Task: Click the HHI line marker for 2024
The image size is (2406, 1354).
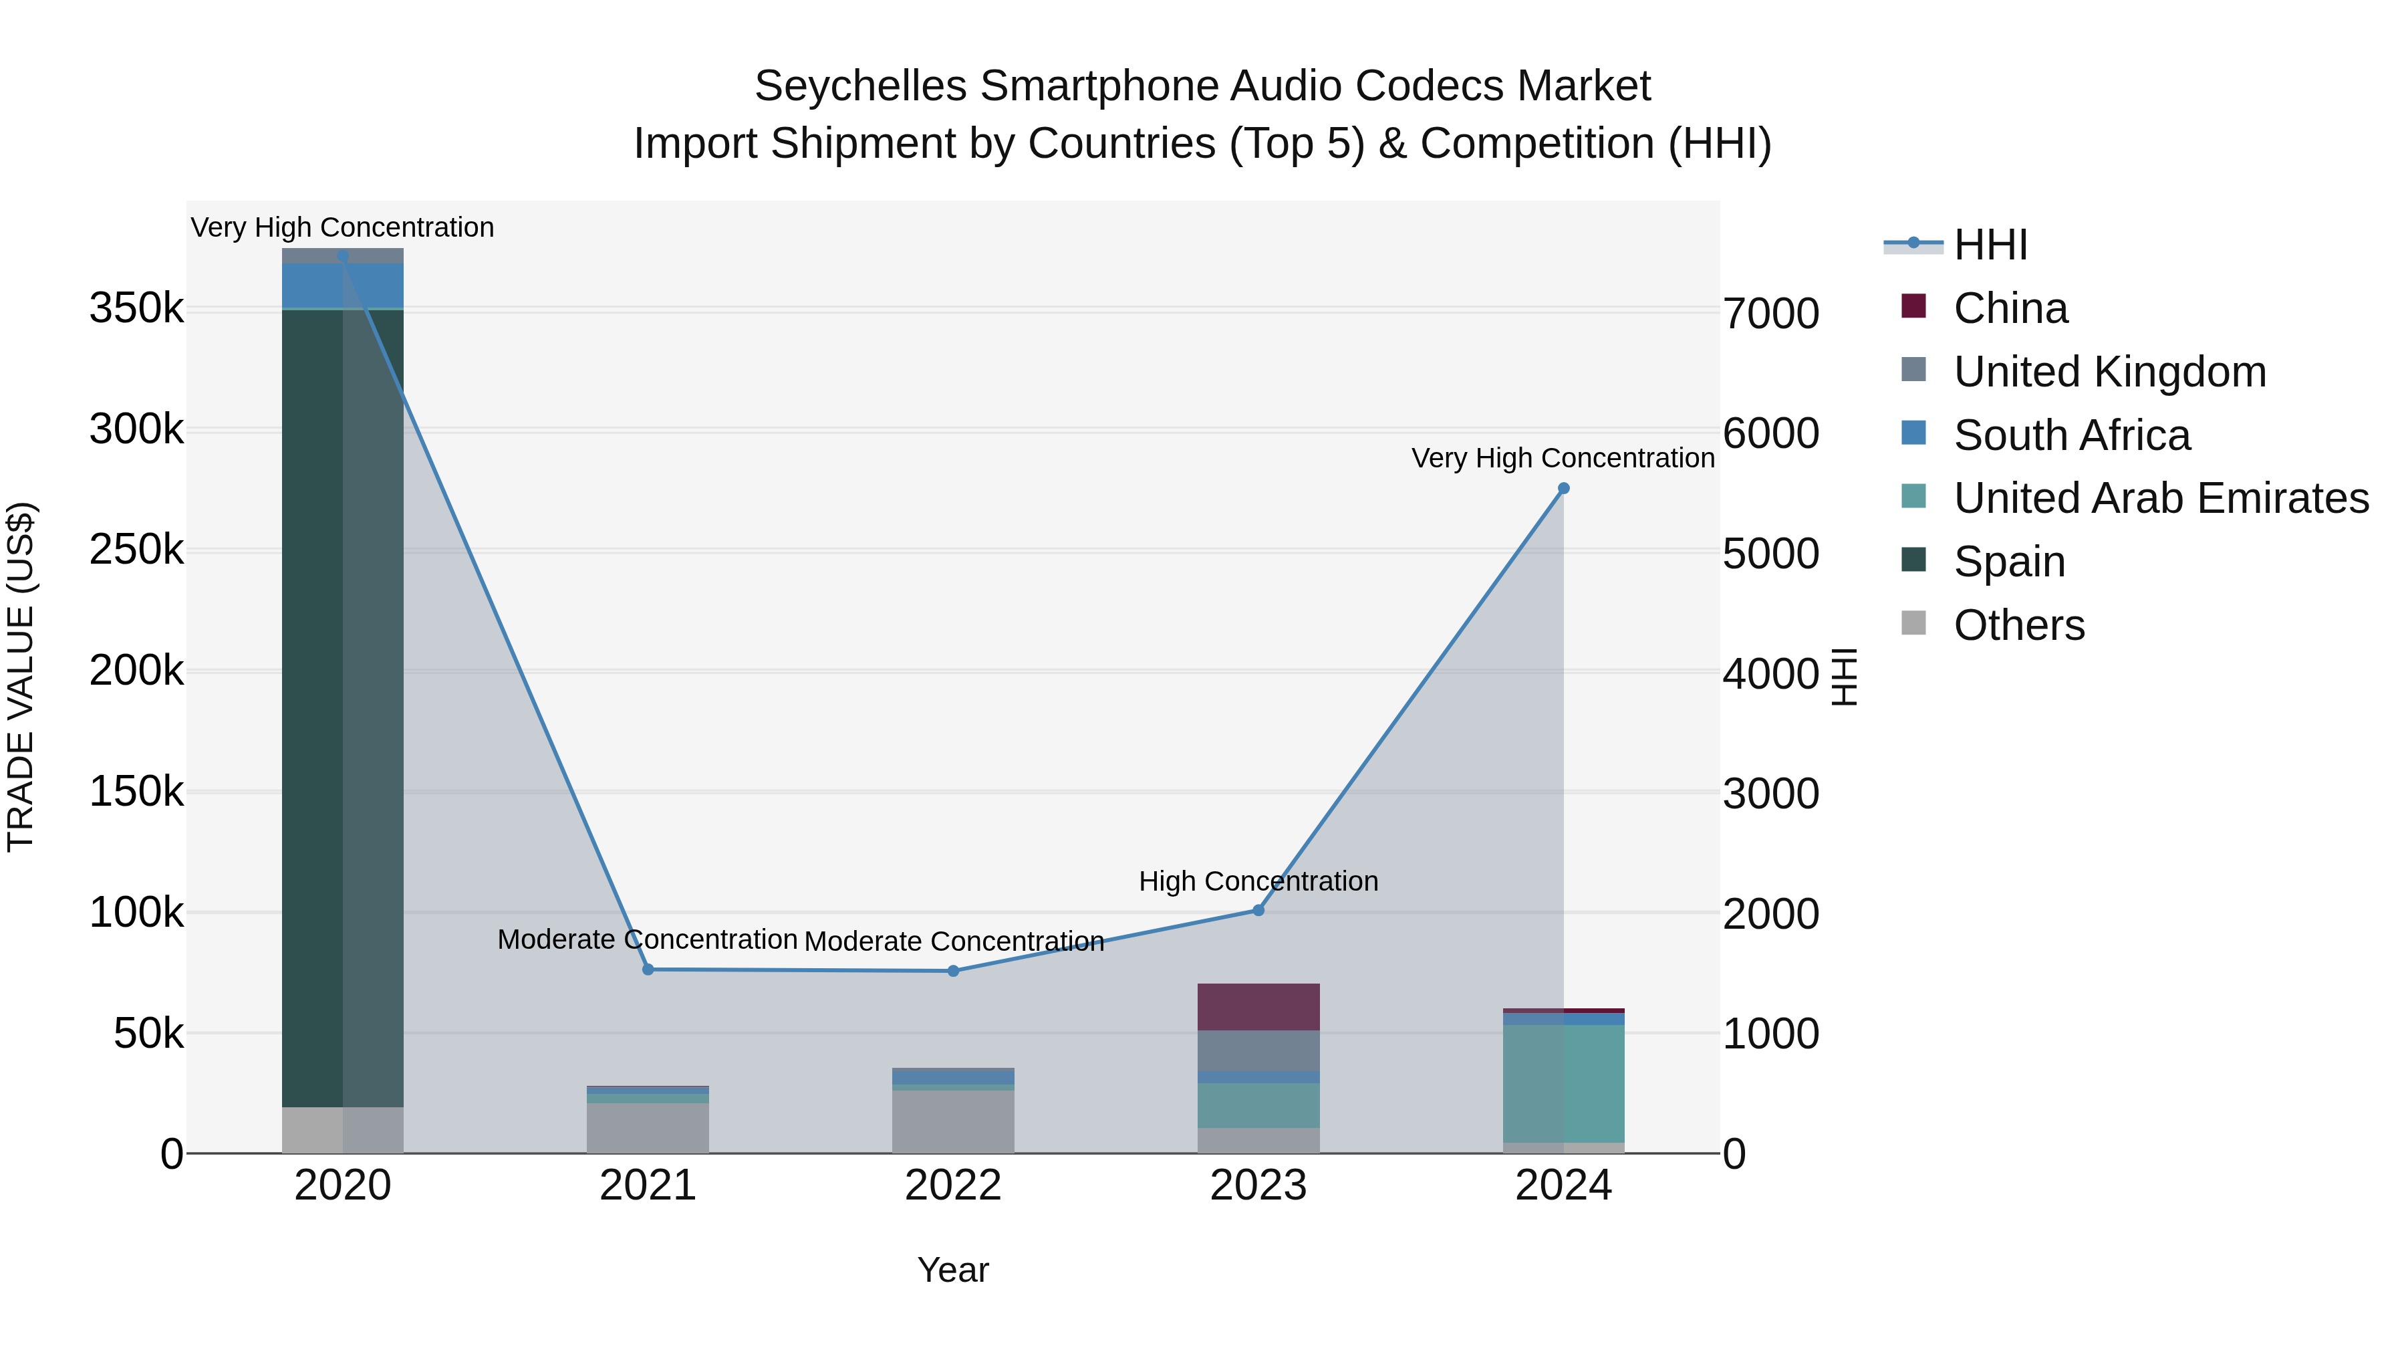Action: tap(1563, 488)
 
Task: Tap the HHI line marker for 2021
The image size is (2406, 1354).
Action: tap(648, 969)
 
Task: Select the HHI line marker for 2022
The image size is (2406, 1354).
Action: tap(952, 971)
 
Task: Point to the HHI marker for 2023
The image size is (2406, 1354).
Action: tap(1258, 910)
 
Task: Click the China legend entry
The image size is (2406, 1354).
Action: tap(2010, 308)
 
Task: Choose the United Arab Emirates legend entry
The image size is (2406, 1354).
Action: tap(2160, 498)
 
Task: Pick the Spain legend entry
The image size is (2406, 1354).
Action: tap(2008, 562)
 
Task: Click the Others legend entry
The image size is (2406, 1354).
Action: tap(2018, 625)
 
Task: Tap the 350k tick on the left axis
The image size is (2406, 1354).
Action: tap(136, 308)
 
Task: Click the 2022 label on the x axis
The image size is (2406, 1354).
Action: tap(952, 1186)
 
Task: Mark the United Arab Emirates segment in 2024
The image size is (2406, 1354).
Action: tap(1563, 1083)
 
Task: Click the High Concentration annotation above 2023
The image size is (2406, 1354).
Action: tap(1258, 881)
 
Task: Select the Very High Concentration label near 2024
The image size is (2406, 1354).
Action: tap(1563, 458)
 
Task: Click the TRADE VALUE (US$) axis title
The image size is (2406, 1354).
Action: tap(21, 677)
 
